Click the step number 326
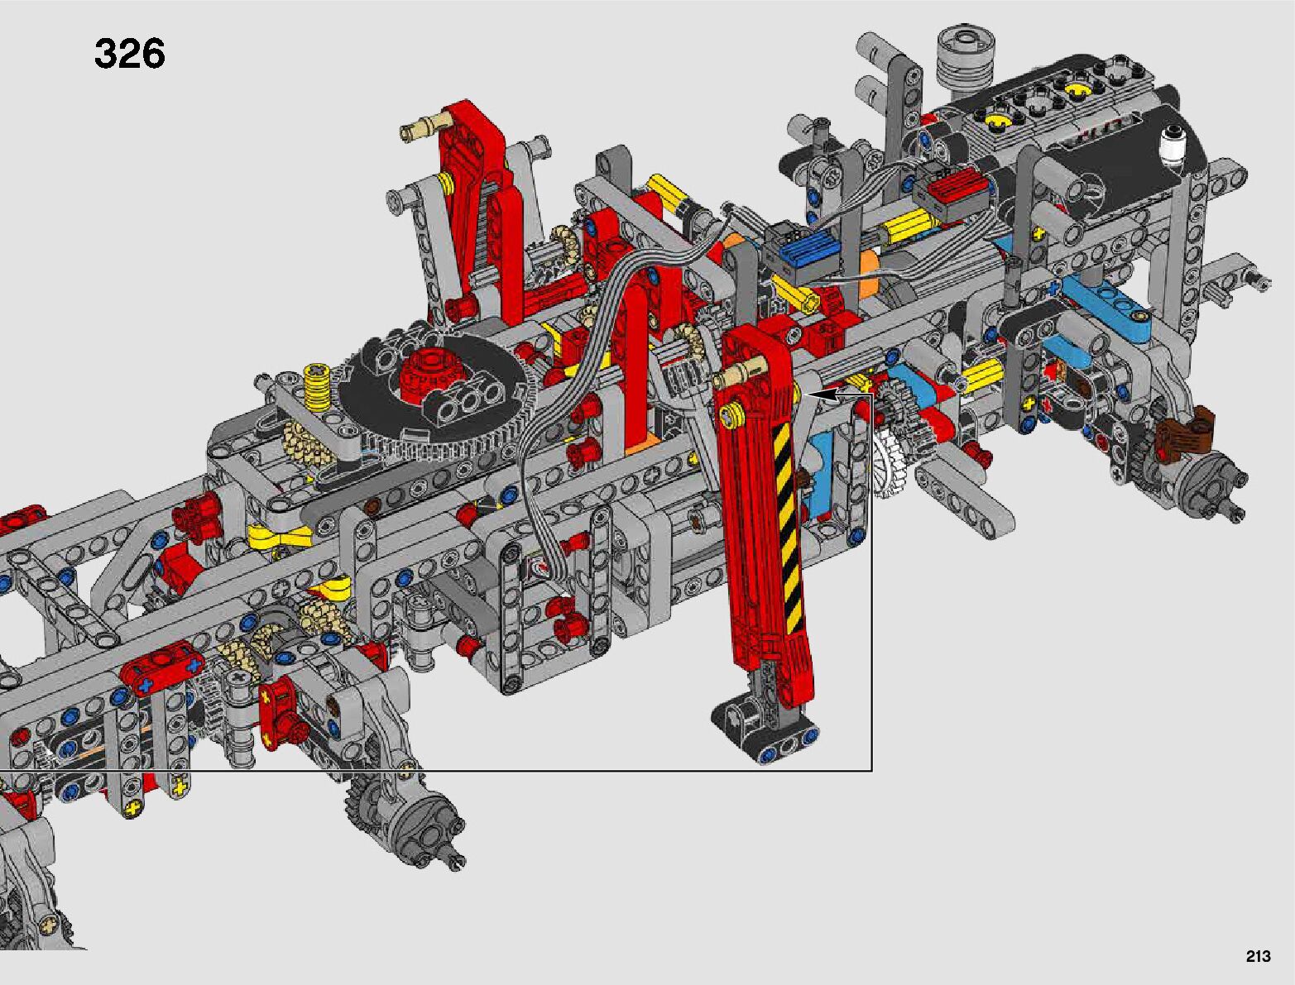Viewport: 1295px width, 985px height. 129,54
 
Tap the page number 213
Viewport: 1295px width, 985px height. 1258,956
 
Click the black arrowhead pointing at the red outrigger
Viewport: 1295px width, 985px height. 823,395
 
